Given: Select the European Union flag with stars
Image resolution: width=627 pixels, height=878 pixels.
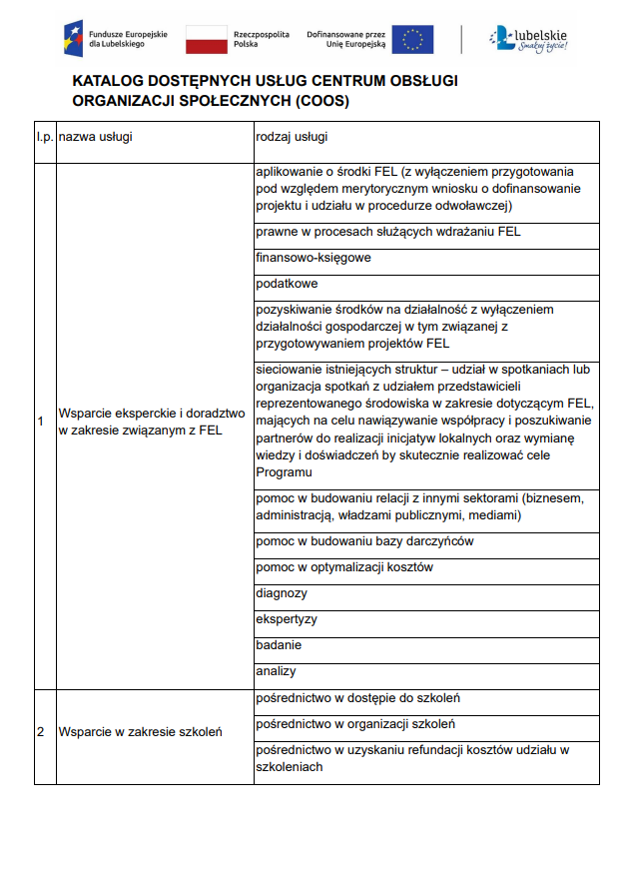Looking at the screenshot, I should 412,40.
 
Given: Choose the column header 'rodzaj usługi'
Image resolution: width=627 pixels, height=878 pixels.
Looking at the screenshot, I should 293,136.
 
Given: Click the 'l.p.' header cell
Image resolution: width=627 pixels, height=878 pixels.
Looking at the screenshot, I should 44,136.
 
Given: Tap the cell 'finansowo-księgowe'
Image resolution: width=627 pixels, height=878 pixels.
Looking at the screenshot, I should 313,258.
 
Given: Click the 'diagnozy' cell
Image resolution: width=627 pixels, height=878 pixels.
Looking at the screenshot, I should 282,593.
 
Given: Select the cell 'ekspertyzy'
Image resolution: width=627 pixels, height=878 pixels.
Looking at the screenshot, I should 287,619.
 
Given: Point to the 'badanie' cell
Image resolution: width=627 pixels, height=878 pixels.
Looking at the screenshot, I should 279,645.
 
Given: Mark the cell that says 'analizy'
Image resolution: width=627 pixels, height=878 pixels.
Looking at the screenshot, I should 276,671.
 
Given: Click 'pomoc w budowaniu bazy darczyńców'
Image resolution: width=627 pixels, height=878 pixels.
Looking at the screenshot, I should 364,541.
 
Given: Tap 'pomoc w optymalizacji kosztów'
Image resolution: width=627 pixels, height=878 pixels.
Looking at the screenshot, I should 344,567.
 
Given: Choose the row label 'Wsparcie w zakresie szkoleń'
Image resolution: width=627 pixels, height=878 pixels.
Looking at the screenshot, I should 140,732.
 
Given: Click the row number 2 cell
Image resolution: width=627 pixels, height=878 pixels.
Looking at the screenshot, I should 40,732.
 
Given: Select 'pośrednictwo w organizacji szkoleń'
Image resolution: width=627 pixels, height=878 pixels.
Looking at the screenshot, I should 355,723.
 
